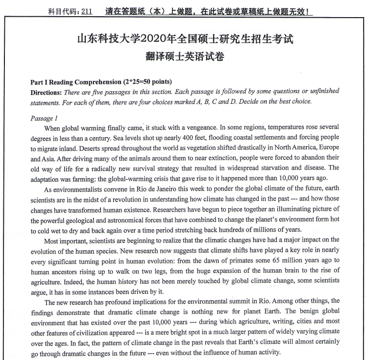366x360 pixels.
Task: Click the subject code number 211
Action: [86, 11]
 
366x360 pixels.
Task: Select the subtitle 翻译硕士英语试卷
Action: [185, 57]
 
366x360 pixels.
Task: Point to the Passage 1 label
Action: [44, 118]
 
